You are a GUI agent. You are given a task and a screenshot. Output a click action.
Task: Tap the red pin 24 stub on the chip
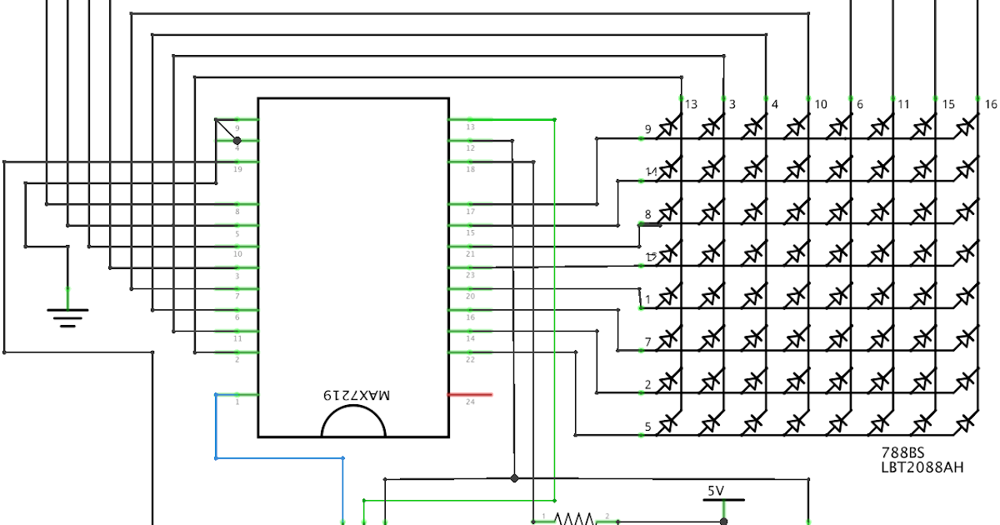click(x=470, y=394)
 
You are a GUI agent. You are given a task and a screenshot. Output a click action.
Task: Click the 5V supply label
click(x=716, y=492)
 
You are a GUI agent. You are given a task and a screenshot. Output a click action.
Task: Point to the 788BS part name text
click(x=902, y=453)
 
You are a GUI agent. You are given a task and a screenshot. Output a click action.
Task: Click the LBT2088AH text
click(x=922, y=467)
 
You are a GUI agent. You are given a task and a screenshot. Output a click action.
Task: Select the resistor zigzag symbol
click(x=574, y=518)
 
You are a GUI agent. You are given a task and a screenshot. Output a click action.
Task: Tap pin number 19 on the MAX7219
click(x=237, y=169)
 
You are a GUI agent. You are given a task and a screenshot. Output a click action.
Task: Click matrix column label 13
click(x=691, y=105)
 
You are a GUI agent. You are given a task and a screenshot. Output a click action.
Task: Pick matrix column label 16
click(x=990, y=105)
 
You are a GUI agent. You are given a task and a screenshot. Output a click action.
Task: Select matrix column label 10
click(x=820, y=105)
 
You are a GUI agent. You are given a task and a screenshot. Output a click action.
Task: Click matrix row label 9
click(x=647, y=129)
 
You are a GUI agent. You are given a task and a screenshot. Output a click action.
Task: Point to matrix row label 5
click(x=647, y=428)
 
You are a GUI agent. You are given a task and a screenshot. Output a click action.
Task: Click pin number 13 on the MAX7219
click(x=470, y=127)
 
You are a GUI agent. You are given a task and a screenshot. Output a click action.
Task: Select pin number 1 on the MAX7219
click(x=237, y=402)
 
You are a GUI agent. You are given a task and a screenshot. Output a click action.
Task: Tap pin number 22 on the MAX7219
click(x=470, y=360)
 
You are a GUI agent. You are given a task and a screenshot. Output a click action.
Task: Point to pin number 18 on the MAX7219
click(x=470, y=169)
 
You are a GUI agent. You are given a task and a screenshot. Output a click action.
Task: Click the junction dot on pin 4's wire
click(x=237, y=141)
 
